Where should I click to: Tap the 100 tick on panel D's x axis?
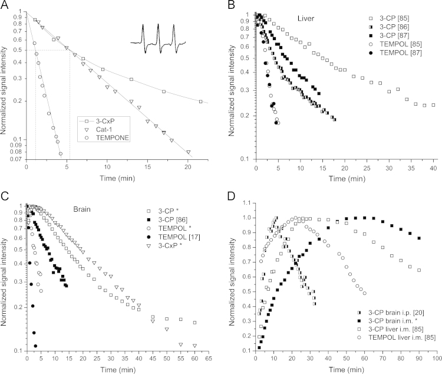point(433,359)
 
